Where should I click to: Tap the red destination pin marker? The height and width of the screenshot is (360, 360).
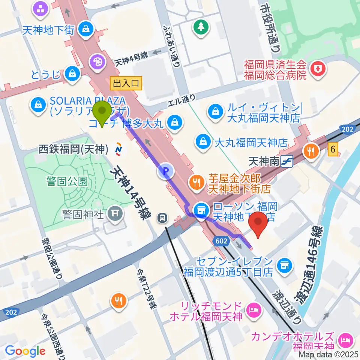[x=259, y=224]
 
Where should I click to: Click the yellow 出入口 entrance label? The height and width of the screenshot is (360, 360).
[x=126, y=83]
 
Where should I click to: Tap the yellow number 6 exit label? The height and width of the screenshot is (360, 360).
[x=333, y=149]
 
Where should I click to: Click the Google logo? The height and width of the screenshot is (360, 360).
[x=25, y=351]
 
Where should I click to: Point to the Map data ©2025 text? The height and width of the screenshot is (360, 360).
[x=328, y=354]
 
